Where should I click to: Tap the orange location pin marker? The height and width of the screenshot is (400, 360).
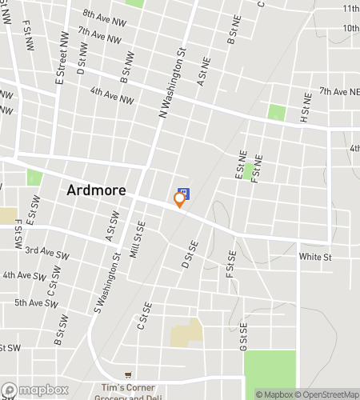tap(180, 202)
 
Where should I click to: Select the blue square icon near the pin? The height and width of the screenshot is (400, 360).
tap(183, 193)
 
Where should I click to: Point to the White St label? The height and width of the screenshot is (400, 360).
tap(314, 257)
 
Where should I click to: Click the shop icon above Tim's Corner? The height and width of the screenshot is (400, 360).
tap(128, 374)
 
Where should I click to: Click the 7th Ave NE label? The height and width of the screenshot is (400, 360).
tap(339, 93)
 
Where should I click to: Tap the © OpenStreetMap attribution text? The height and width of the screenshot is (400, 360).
tap(327, 394)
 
